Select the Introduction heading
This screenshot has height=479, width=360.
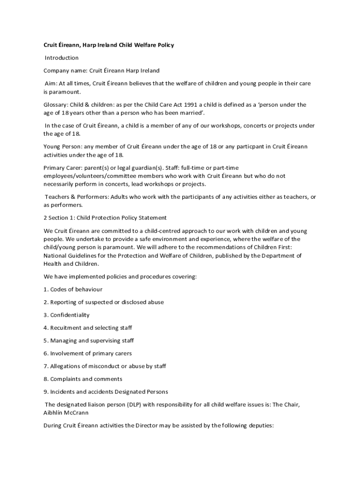click(x=61, y=58)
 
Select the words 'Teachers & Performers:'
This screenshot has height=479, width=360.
click(x=77, y=197)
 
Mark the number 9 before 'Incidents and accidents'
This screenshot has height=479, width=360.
click(x=45, y=392)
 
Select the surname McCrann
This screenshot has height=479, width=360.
click(x=77, y=413)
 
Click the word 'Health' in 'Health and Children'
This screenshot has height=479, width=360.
click(x=53, y=264)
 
